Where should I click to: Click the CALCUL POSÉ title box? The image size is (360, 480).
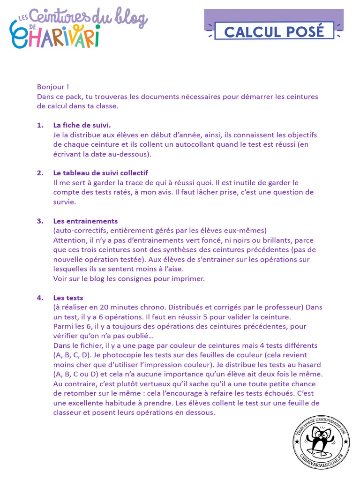[x=274, y=31]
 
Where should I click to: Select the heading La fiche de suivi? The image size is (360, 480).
[x=82, y=125]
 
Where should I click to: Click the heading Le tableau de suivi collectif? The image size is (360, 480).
[x=101, y=173]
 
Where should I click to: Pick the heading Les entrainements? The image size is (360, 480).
[x=85, y=221]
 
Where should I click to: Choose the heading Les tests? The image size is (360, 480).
[x=68, y=298]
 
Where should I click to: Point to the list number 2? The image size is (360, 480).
[x=40, y=173]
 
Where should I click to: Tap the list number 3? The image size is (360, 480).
[x=40, y=221]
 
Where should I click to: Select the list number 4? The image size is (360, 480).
[x=40, y=298]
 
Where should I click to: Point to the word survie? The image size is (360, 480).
[x=64, y=202]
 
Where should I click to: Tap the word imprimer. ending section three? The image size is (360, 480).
[x=188, y=278]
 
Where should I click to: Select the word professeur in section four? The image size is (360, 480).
[x=280, y=307]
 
